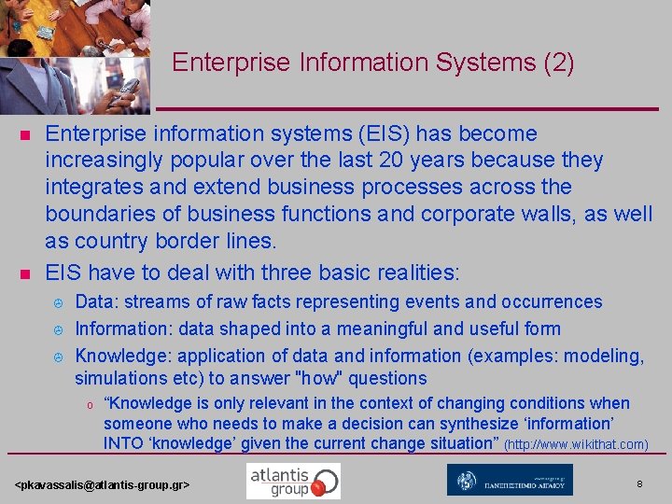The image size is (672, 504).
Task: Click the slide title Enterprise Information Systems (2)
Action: [372, 63]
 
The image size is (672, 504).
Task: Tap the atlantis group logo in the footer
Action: [293, 481]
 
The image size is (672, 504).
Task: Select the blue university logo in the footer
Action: [509, 480]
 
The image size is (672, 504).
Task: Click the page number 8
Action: [639, 483]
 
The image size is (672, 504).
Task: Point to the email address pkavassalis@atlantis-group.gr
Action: [104, 486]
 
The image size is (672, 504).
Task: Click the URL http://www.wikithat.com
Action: [576, 444]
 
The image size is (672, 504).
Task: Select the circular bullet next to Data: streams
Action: [57, 303]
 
